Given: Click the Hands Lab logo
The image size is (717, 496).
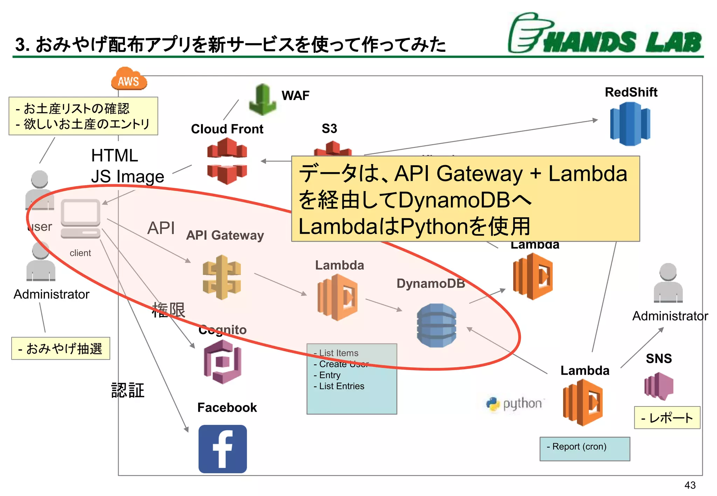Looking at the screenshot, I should [605, 34].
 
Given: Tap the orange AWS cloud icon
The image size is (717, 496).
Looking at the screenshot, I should [128, 79].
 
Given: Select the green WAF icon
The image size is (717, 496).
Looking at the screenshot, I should [262, 100].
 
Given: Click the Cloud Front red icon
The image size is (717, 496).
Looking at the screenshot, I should [227, 161].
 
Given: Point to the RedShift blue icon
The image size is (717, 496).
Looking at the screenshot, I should [630, 124].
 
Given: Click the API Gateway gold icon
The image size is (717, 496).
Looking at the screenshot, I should [222, 277].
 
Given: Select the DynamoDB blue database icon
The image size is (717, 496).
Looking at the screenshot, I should [436, 325].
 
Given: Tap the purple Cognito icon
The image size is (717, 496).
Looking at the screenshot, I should [222, 362].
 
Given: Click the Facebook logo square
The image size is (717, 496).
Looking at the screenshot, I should [223, 449].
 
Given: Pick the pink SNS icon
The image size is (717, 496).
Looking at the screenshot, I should [659, 386].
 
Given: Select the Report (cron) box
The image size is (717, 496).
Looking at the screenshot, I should [584, 448].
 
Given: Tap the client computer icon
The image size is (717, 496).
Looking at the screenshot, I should [81, 219].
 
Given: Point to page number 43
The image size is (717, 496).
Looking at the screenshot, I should [690, 485].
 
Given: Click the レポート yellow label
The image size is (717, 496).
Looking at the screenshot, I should [667, 418].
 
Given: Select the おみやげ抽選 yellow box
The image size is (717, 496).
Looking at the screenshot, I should [61, 348].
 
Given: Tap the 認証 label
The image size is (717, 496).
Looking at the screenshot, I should [128, 390].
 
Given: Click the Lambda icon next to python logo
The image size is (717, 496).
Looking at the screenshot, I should [583, 402].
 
